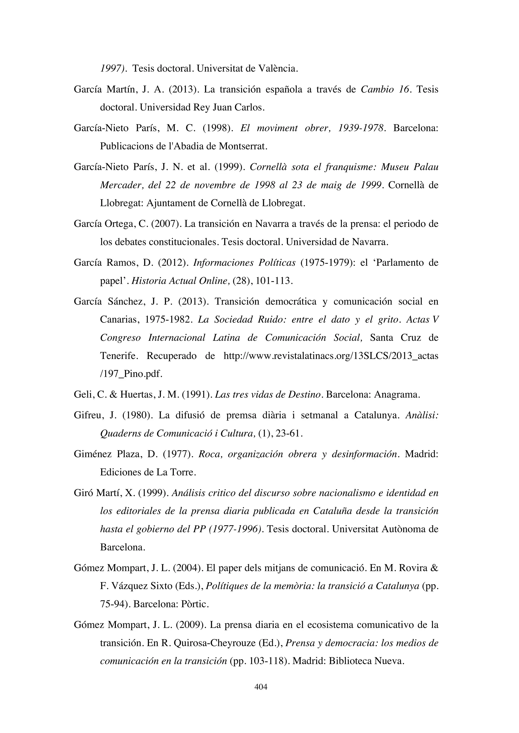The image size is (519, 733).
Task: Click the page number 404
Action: point(261,686)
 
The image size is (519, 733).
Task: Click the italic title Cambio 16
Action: point(384,89)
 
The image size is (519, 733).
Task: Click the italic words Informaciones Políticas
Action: point(245,263)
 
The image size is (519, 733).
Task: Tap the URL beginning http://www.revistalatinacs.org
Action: point(331,356)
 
